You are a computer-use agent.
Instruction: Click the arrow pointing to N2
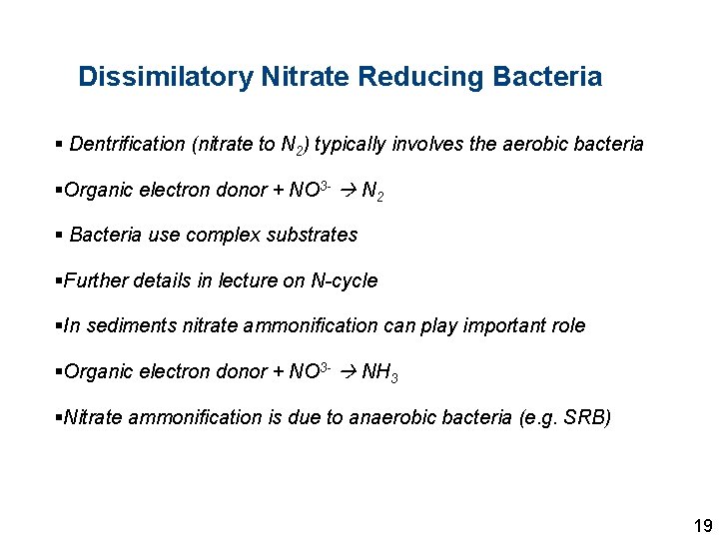pos(345,190)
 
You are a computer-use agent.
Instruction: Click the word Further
pos(95,281)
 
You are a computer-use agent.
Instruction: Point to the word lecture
pos(244,281)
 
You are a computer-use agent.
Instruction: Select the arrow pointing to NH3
pos(345,372)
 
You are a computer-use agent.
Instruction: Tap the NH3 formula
pos(379,373)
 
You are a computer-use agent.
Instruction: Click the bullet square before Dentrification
pos(60,145)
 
